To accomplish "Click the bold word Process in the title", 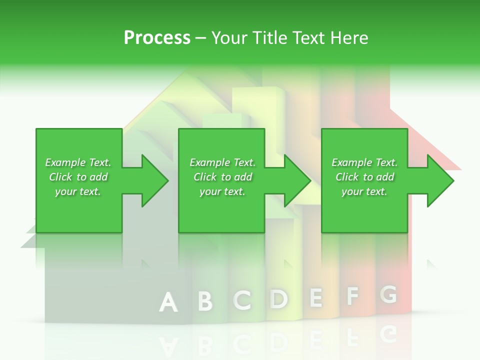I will (157, 38).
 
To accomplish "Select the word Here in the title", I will (349, 38).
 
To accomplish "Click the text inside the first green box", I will (78, 177).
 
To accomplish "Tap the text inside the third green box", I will (364, 177).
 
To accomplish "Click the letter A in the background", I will (168, 302).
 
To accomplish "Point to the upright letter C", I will (242, 299).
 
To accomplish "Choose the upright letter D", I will (279, 298).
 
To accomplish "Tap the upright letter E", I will (316, 297).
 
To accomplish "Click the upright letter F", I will (352, 296).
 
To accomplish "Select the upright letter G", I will (388, 295).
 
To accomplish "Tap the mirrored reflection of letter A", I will (168, 345).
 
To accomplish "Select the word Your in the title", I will (229, 38).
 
